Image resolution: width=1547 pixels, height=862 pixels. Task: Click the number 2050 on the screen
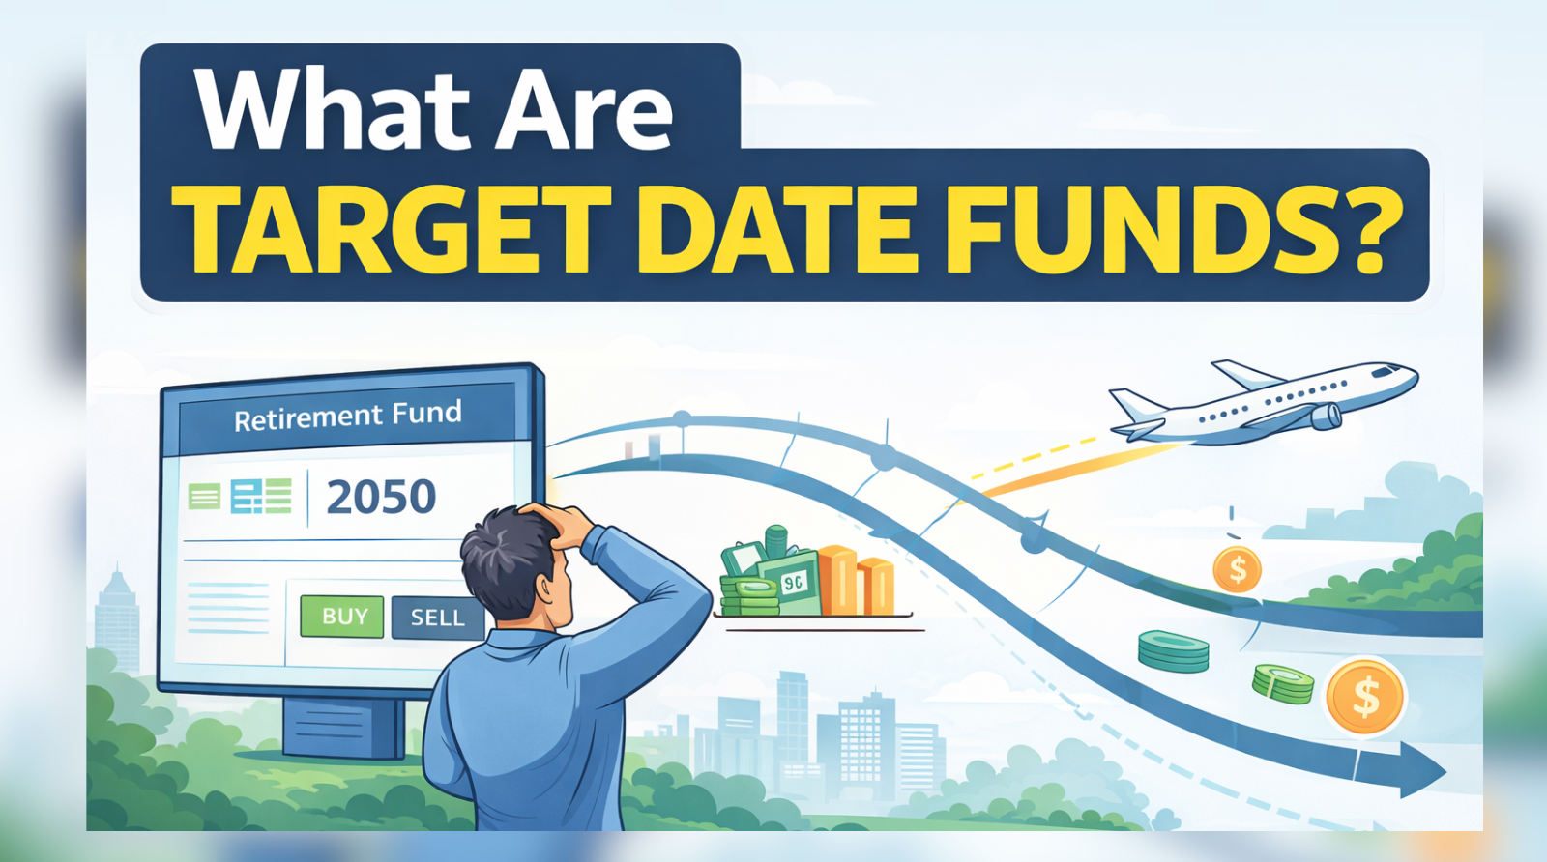click(x=381, y=497)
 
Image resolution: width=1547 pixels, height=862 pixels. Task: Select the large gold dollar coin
click(x=1365, y=696)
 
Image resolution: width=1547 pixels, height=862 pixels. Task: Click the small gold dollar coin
click(x=1237, y=570)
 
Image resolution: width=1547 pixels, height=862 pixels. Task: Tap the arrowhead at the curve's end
click(x=1421, y=770)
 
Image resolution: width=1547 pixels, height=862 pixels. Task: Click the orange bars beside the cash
click(x=857, y=583)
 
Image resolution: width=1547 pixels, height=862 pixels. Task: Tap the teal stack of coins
click(x=1173, y=651)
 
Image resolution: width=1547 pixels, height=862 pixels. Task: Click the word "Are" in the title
click(x=585, y=111)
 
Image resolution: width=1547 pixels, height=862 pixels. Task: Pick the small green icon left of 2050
click(x=204, y=497)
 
